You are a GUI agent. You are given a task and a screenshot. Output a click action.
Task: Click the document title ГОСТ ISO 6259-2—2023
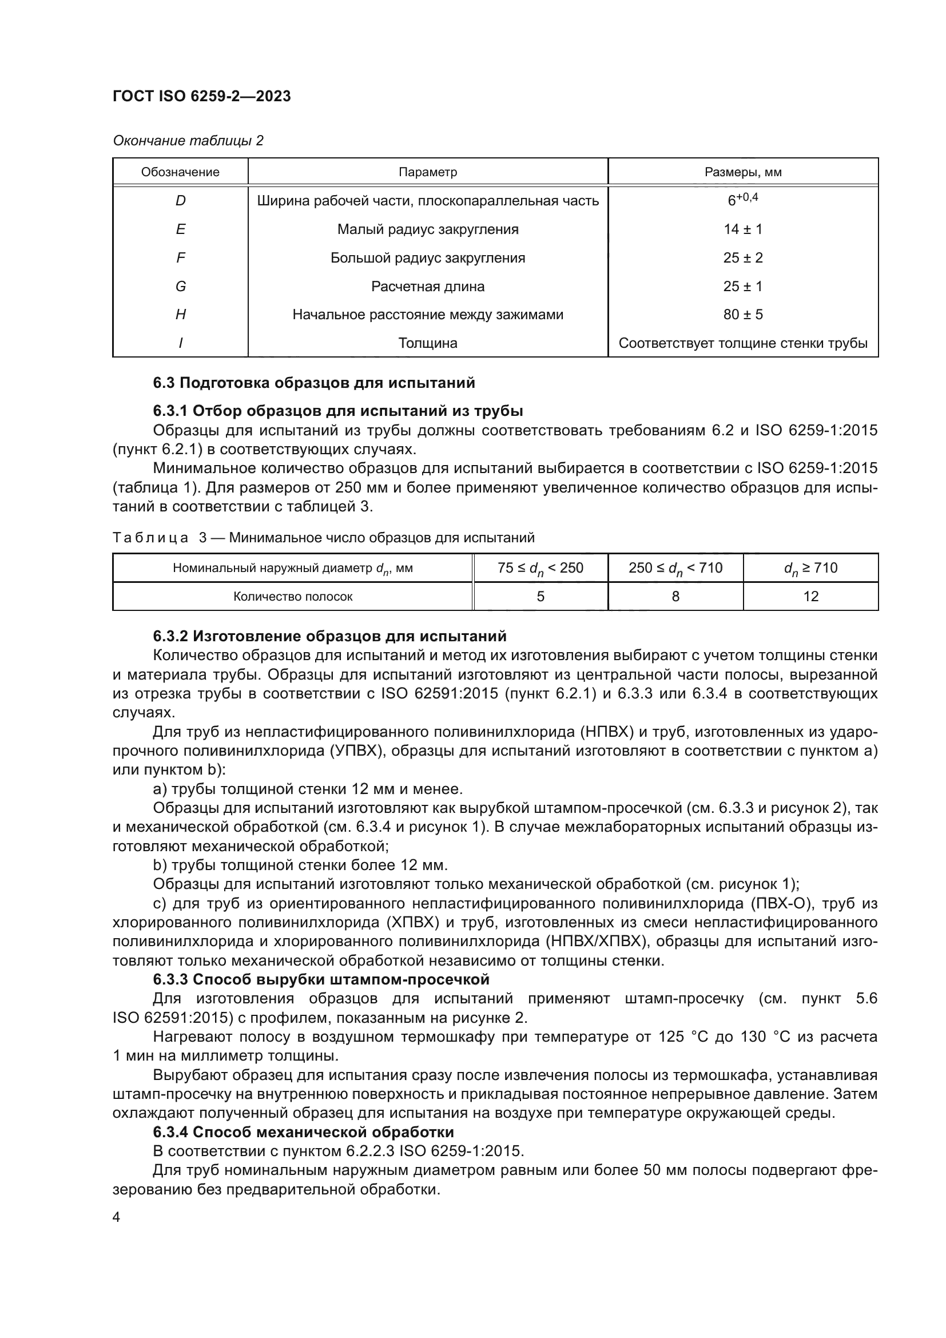201,96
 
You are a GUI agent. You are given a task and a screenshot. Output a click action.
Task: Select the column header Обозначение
180,172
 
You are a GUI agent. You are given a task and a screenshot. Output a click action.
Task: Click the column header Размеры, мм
743,172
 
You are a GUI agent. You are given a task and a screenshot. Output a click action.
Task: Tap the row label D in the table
180,200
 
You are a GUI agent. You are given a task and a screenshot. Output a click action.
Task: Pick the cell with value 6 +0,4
743,200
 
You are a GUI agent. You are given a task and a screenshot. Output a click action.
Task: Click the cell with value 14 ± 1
743,229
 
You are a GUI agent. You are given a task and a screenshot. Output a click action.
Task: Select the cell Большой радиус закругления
428,257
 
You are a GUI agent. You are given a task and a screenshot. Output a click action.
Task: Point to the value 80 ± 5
743,315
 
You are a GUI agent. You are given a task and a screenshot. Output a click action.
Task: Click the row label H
180,315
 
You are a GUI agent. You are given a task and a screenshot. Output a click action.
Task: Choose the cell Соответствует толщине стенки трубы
743,343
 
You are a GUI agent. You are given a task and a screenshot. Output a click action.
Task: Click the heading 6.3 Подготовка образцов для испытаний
314,383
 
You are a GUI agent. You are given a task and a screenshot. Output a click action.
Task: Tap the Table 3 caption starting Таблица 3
323,537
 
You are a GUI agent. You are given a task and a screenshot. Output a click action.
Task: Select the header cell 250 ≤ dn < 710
675,567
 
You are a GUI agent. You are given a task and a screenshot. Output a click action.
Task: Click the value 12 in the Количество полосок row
810,596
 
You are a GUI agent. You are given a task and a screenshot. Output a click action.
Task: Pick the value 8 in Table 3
675,596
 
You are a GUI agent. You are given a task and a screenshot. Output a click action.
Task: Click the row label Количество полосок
292,596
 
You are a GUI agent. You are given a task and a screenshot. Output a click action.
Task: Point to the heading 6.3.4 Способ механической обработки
303,1131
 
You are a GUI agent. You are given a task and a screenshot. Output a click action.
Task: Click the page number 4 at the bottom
117,1217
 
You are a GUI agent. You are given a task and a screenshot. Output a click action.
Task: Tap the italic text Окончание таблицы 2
188,141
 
